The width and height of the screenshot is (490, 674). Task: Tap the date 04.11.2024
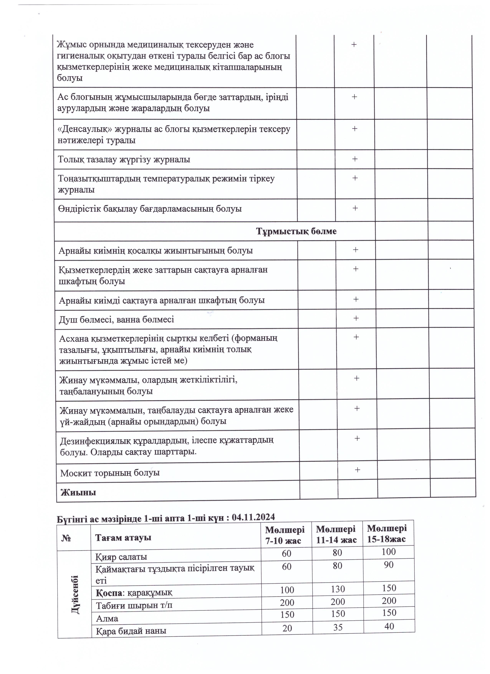253,517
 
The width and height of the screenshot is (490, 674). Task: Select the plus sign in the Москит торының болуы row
358,470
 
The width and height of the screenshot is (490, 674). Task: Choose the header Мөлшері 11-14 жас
336,534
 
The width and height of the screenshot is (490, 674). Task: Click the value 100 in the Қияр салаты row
389,552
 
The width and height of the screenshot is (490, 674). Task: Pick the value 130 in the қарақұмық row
338,589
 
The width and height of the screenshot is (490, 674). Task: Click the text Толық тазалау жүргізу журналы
124,160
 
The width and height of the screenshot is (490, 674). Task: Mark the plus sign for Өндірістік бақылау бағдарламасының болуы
355,208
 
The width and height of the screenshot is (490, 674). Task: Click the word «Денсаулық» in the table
85,129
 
